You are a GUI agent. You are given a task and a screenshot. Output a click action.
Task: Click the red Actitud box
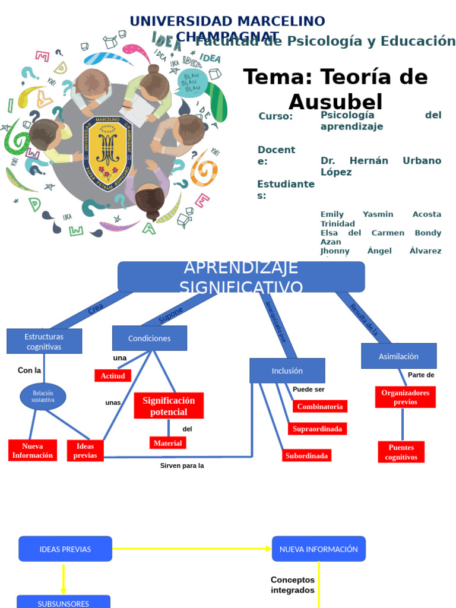coord(113,376)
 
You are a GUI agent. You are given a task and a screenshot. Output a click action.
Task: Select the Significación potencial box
coord(169,406)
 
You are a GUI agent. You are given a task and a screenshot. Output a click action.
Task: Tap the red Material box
coord(167,443)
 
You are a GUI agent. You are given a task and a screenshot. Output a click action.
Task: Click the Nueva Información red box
coord(33,451)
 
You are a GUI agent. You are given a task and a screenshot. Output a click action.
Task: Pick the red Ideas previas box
coord(85,451)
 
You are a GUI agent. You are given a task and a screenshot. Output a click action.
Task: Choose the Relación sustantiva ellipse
coord(43,397)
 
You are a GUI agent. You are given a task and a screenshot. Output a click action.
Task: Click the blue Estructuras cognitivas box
coord(45,341)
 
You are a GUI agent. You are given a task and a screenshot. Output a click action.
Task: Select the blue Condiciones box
coord(150,338)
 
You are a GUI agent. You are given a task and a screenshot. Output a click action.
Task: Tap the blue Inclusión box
coord(287,370)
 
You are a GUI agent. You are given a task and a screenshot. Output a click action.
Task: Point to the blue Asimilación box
coord(399,356)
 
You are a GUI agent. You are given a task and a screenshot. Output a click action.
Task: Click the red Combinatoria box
coord(320,407)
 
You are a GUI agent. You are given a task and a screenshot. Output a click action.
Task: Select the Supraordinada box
coord(318,429)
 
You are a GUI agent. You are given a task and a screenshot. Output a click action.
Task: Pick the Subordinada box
coord(306,456)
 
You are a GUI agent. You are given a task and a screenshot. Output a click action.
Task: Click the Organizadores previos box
coord(406,397)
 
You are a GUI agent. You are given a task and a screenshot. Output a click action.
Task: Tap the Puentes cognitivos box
coord(401,452)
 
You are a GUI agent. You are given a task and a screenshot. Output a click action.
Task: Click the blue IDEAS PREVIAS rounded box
coord(65,549)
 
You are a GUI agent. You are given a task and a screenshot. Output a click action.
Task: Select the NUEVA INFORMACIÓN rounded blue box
coord(319,549)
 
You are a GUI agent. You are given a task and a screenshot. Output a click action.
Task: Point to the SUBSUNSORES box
coord(64,602)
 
